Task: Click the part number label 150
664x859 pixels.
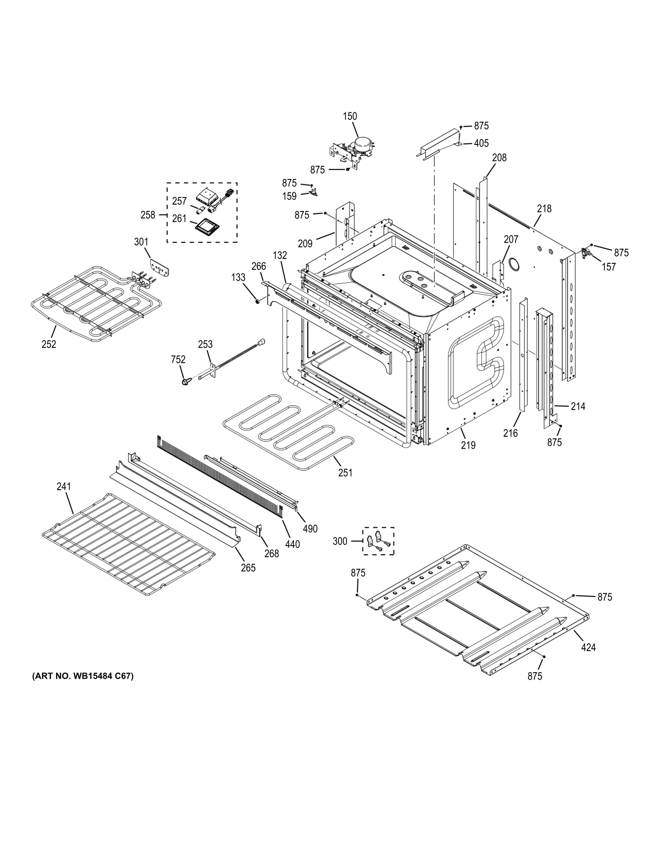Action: tap(350, 116)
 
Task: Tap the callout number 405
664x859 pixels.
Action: tap(481, 143)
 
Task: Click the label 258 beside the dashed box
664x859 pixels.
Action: tap(148, 215)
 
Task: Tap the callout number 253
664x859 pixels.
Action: tap(205, 344)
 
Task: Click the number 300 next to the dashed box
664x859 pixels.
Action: tap(339, 541)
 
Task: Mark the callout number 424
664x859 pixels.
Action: tap(588, 648)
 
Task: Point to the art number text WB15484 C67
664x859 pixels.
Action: tap(83, 677)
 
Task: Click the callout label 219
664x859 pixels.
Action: tap(468, 445)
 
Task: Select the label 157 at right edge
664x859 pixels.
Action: tap(608, 267)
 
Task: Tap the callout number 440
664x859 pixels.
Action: tap(292, 544)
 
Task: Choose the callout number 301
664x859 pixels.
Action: tap(141, 242)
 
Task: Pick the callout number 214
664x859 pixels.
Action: tap(578, 406)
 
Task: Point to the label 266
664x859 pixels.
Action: tap(258, 266)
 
